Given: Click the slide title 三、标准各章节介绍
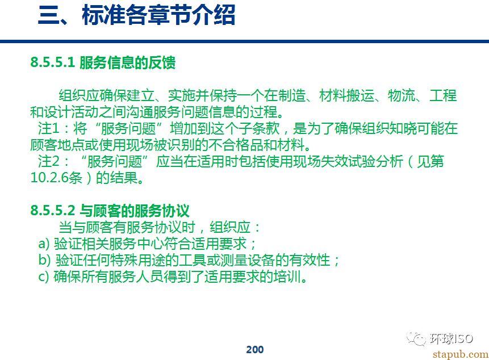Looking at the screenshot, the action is pos(137,15).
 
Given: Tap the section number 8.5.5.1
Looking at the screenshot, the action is pos(52,62).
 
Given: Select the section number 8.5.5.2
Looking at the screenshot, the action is pos(52,211).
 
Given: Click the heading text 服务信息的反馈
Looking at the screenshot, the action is pos(127,62).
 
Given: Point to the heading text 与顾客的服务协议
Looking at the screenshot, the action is pos(135,211).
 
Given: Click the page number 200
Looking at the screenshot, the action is pos(255,350).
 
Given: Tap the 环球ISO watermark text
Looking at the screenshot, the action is pos(452,338).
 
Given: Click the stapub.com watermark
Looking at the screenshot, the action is pos(460,354).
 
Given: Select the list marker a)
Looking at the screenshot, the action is pos(44,244).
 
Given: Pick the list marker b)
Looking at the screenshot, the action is pos(44,259).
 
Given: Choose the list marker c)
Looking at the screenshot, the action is pos(43,277).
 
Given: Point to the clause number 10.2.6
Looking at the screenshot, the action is pos(49,178).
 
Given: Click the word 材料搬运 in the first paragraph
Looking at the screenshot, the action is pos(346,95).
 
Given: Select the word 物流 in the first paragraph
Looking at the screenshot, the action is pos(402,95).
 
